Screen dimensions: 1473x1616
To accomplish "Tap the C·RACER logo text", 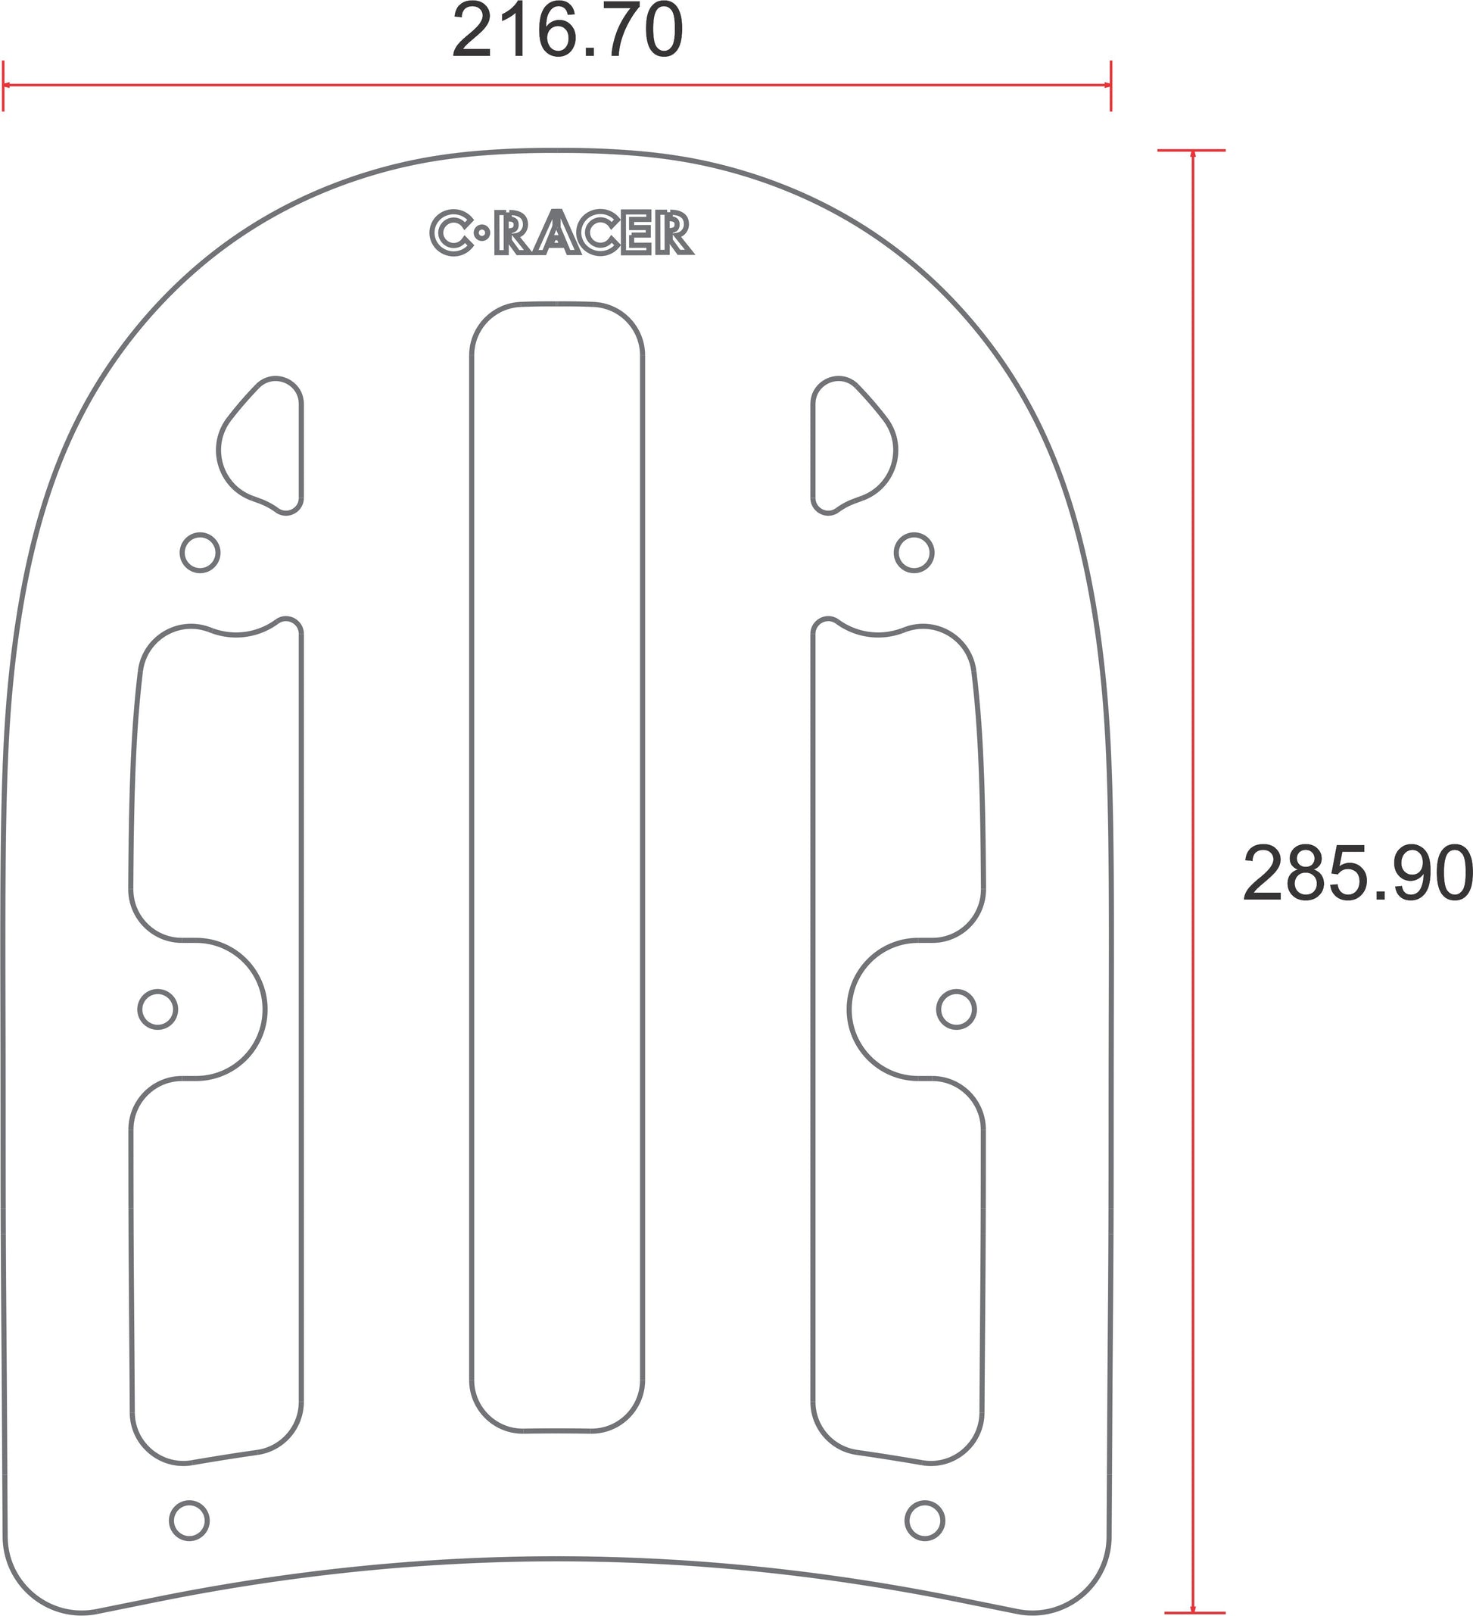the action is pos(562,233).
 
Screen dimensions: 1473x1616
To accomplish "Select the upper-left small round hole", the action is pos(200,552).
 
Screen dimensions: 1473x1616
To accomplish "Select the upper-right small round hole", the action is pos(914,552).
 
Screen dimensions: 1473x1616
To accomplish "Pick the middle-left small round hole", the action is pos(157,1009).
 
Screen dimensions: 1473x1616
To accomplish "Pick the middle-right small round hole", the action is pos(956,1009).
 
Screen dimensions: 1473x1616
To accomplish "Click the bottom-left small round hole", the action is pos(190,1521).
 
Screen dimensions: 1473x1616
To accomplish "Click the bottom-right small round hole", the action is pos(925,1521).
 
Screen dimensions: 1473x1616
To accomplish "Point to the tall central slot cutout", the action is pos(472,867).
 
